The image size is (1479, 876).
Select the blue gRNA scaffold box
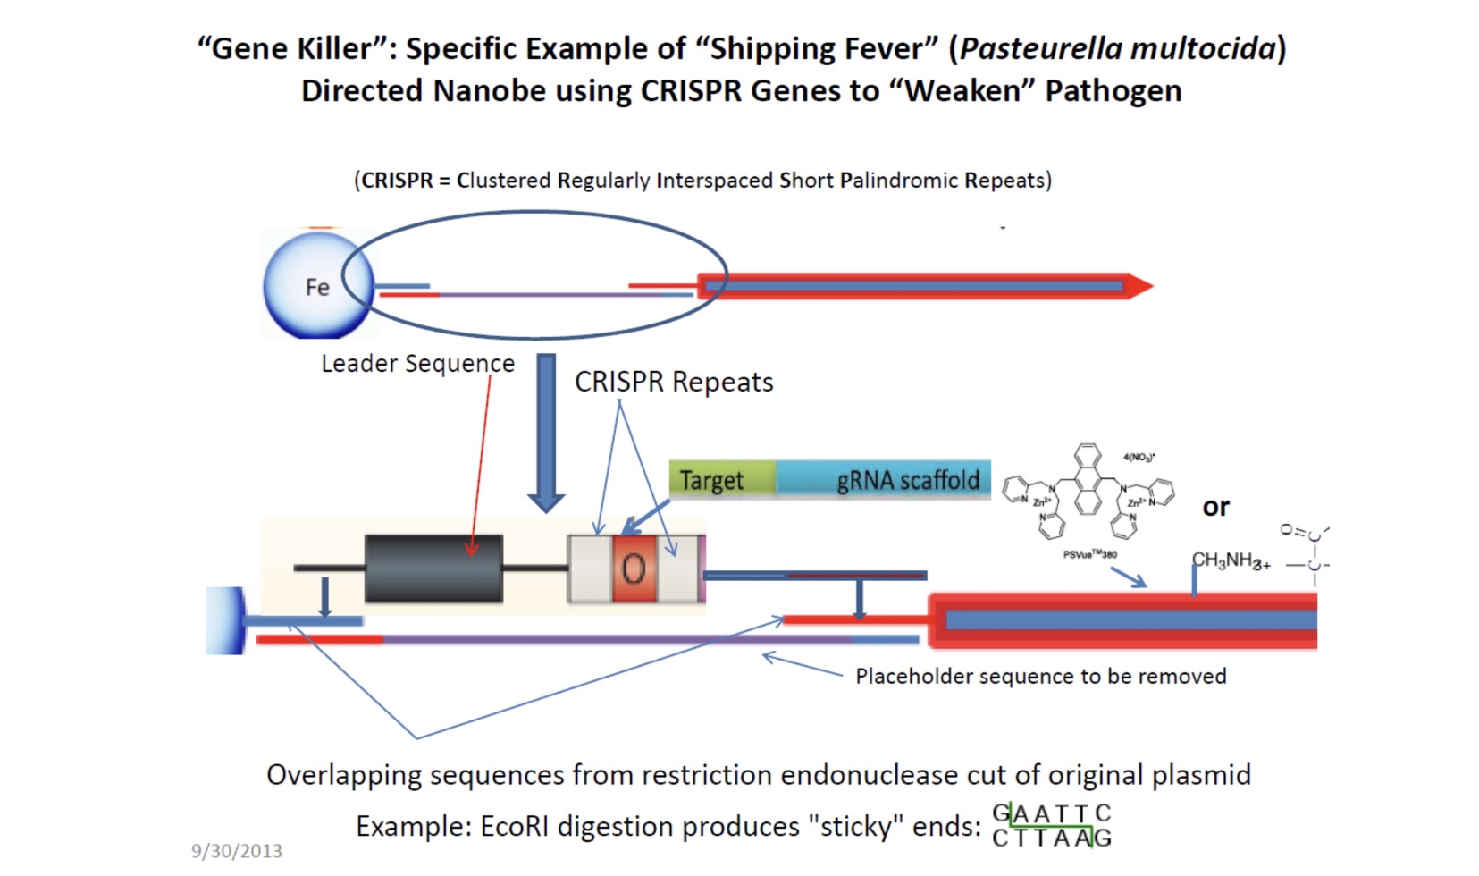883,480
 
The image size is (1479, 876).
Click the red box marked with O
634,569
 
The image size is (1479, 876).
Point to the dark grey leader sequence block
433,569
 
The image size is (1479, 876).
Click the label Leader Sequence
417,364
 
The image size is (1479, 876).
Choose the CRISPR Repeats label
673,382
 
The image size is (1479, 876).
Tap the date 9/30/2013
237,851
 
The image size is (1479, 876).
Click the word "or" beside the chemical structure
1215,507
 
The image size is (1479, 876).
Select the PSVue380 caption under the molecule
1089,554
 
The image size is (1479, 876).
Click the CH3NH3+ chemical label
1231,560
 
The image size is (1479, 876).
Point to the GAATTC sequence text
1052,813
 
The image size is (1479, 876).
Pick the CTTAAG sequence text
1052,838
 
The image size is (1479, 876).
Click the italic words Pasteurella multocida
1117,48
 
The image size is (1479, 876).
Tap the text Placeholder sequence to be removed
1040,676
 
